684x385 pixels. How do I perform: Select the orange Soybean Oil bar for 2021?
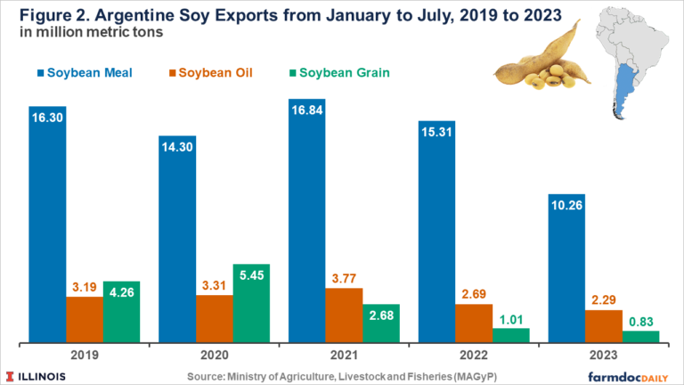tap(344, 315)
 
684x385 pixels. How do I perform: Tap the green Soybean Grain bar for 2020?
tap(252, 303)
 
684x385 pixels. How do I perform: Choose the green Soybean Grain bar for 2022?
tap(511, 334)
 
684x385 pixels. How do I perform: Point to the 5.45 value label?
tap(252, 275)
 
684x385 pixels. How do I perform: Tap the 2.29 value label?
tap(603, 299)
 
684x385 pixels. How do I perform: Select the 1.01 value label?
tap(511, 317)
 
